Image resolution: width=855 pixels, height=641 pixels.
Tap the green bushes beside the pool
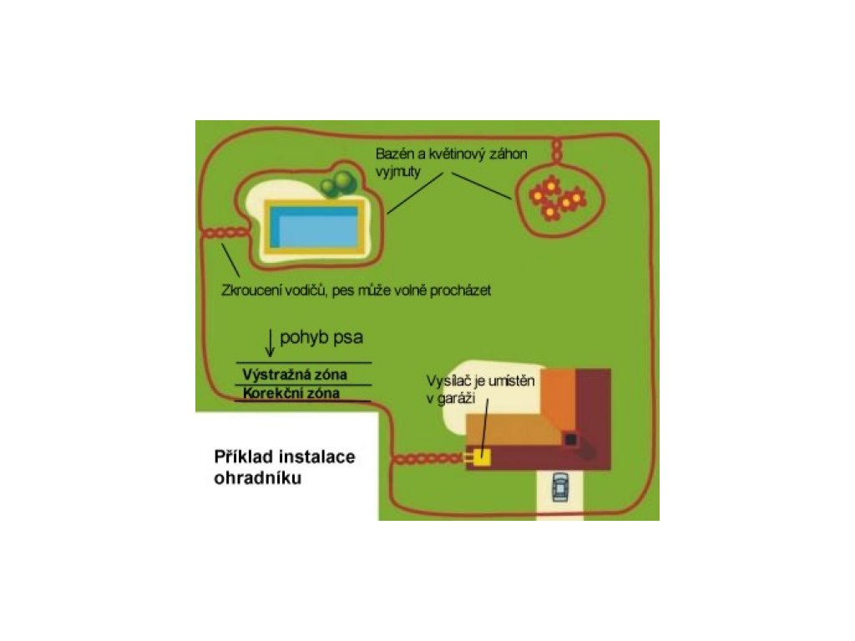point(339,184)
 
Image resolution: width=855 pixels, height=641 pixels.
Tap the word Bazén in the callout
point(394,155)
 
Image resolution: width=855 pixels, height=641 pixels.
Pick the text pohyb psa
point(322,339)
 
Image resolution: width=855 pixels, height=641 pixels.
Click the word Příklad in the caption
point(242,457)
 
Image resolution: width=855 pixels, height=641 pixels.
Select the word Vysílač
point(444,379)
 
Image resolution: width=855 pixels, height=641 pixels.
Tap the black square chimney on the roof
point(570,438)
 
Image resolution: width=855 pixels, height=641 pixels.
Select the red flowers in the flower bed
point(557,199)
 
